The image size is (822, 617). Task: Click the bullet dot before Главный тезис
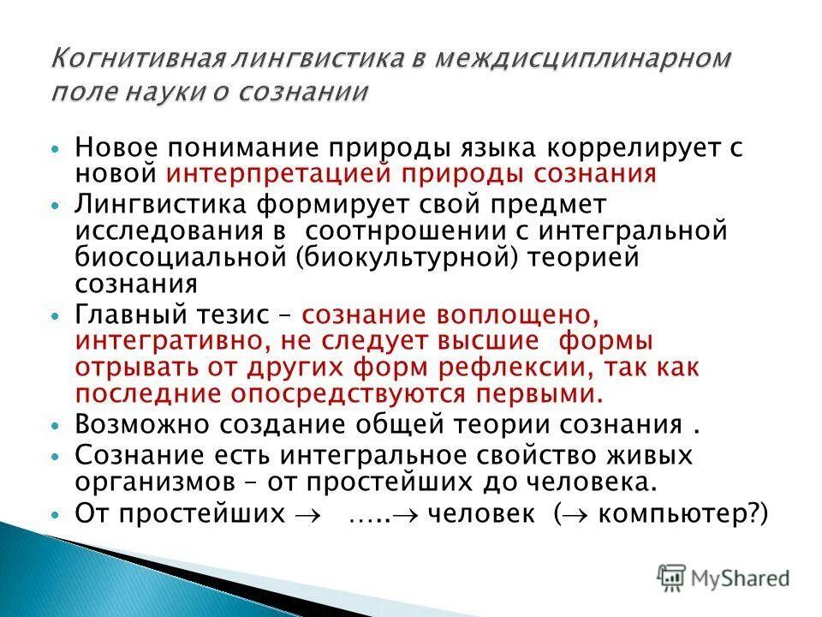tap(56, 315)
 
